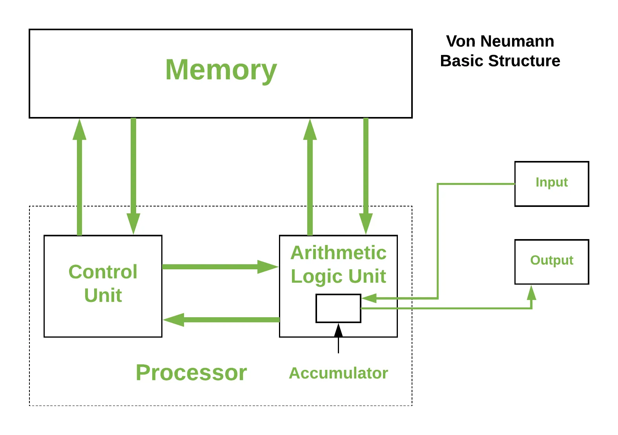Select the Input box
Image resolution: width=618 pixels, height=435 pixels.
pos(551,183)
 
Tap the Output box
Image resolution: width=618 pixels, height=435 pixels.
pos(551,261)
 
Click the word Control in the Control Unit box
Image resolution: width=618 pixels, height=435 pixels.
pos(103,272)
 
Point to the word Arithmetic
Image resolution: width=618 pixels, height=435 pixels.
pos(338,253)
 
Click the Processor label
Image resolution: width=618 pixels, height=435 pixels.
pos(191,373)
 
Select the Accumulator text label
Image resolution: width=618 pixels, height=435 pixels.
pos(338,373)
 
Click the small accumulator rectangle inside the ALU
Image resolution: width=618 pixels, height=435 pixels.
pos(338,309)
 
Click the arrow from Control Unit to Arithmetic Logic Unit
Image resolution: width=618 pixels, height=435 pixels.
pos(220,267)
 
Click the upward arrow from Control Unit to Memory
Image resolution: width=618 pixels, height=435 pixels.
pos(80,177)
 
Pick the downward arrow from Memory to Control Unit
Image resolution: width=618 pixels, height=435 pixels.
pos(133,177)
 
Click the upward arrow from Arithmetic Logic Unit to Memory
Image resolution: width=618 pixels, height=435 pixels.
pos(310,177)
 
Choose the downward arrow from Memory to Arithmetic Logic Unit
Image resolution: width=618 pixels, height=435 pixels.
pos(366,177)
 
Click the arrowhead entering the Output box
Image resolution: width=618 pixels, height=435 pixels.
pos(532,292)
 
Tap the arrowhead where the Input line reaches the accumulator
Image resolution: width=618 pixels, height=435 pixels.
pos(369,298)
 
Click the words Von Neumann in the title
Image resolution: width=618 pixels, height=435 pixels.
pos(500,41)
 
